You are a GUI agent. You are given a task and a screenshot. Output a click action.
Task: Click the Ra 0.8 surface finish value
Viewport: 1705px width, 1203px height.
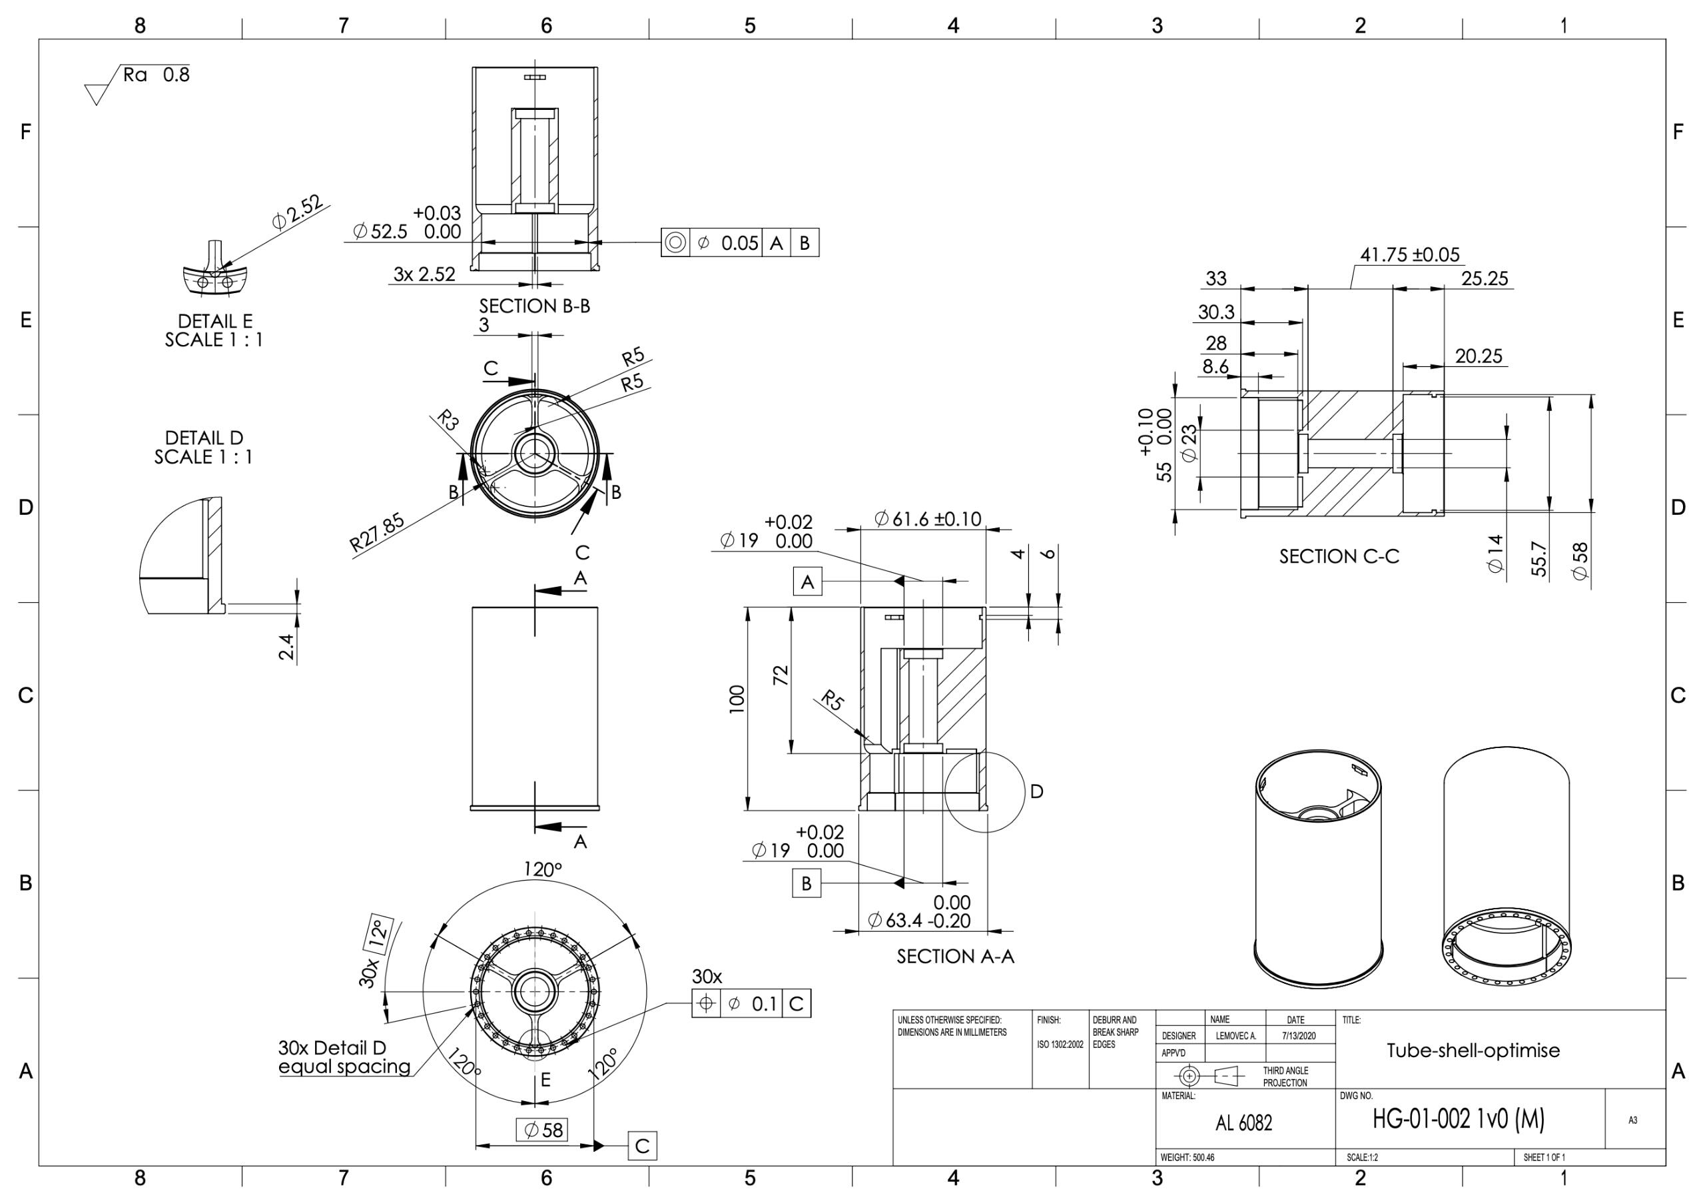pyautogui.click(x=157, y=75)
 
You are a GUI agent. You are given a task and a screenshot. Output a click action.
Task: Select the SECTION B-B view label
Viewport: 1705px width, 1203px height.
pyautogui.click(x=534, y=306)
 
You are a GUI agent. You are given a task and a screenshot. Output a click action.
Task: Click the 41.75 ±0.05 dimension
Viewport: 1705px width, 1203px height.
pyautogui.click(x=1409, y=254)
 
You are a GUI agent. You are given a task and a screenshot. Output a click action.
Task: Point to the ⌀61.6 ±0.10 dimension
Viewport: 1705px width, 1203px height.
pyautogui.click(x=928, y=518)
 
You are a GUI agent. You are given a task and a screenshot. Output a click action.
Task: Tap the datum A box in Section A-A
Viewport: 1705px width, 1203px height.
pyautogui.click(x=807, y=582)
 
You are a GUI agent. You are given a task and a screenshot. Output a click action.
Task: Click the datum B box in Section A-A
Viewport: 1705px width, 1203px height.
pyautogui.click(x=807, y=884)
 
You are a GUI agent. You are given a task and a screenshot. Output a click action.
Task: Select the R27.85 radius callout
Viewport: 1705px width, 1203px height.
pyautogui.click(x=377, y=532)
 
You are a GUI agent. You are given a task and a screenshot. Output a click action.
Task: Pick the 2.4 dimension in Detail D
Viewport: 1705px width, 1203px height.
pyautogui.click(x=286, y=646)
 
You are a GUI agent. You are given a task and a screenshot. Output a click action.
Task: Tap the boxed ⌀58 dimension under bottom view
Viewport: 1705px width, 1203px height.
pyautogui.click(x=543, y=1130)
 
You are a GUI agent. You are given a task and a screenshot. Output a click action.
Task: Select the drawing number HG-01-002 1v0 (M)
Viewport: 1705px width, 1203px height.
pyautogui.click(x=1458, y=1119)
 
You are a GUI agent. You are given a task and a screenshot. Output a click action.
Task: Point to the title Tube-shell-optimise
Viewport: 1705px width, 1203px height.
pyautogui.click(x=1473, y=1050)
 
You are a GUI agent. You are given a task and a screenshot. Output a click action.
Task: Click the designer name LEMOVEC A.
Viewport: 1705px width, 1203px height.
pyautogui.click(x=1235, y=1036)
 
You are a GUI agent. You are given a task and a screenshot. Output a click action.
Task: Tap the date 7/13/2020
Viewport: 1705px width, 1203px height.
pyautogui.click(x=1298, y=1036)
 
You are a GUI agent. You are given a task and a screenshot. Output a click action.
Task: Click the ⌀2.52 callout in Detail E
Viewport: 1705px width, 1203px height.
pyautogui.click(x=297, y=212)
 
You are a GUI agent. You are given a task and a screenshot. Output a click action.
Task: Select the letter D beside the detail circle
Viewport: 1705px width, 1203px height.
pyautogui.click(x=1037, y=791)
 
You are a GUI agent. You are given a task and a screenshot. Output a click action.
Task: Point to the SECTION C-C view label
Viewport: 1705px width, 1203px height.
pyautogui.click(x=1338, y=557)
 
